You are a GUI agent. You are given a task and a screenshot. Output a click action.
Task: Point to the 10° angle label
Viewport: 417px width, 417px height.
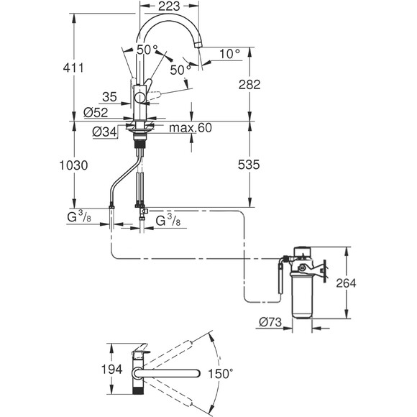pyautogui.click(x=229, y=53)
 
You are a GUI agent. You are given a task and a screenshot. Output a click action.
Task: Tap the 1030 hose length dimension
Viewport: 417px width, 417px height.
pyautogui.click(x=73, y=165)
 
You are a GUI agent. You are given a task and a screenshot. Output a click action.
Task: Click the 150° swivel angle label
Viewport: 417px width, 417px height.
pyautogui.click(x=220, y=374)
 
